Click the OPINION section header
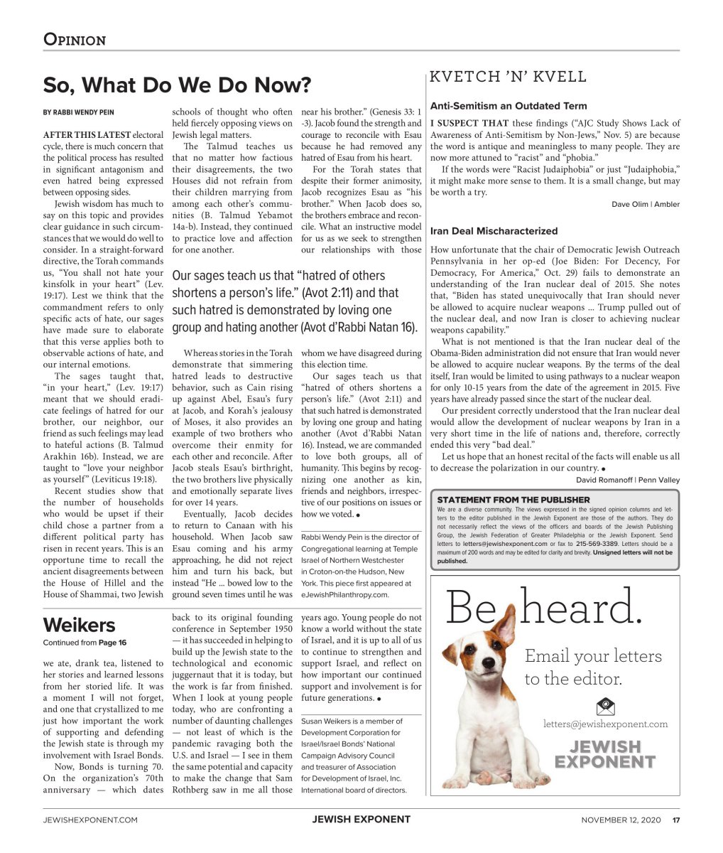pyautogui.click(x=75, y=39)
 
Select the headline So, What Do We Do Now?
pyautogui.click(x=177, y=85)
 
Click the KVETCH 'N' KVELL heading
pyautogui.click(x=509, y=77)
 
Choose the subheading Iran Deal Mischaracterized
pyautogui.click(x=494, y=231)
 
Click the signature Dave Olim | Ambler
pyautogui.click(x=645, y=204)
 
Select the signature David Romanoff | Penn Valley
pyautogui.click(x=627, y=480)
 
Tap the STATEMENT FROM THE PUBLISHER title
pyautogui.click(x=513, y=500)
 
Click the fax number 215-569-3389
pyautogui.click(x=596, y=543)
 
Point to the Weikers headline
pyautogui.click(x=79, y=626)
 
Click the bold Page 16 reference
pyautogui.click(x=112, y=643)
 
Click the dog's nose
pyautogui.click(x=469, y=665)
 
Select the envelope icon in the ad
pyautogui.click(x=606, y=707)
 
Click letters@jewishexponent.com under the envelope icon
pyautogui.click(x=606, y=724)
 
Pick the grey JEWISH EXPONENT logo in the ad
pyautogui.click(x=606, y=754)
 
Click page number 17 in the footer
pyautogui.click(x=676, y=820)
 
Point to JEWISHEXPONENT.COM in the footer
pyautogui.click(x=90, y=820)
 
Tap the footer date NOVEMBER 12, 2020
pyautogui.click(x=621, y=820)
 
